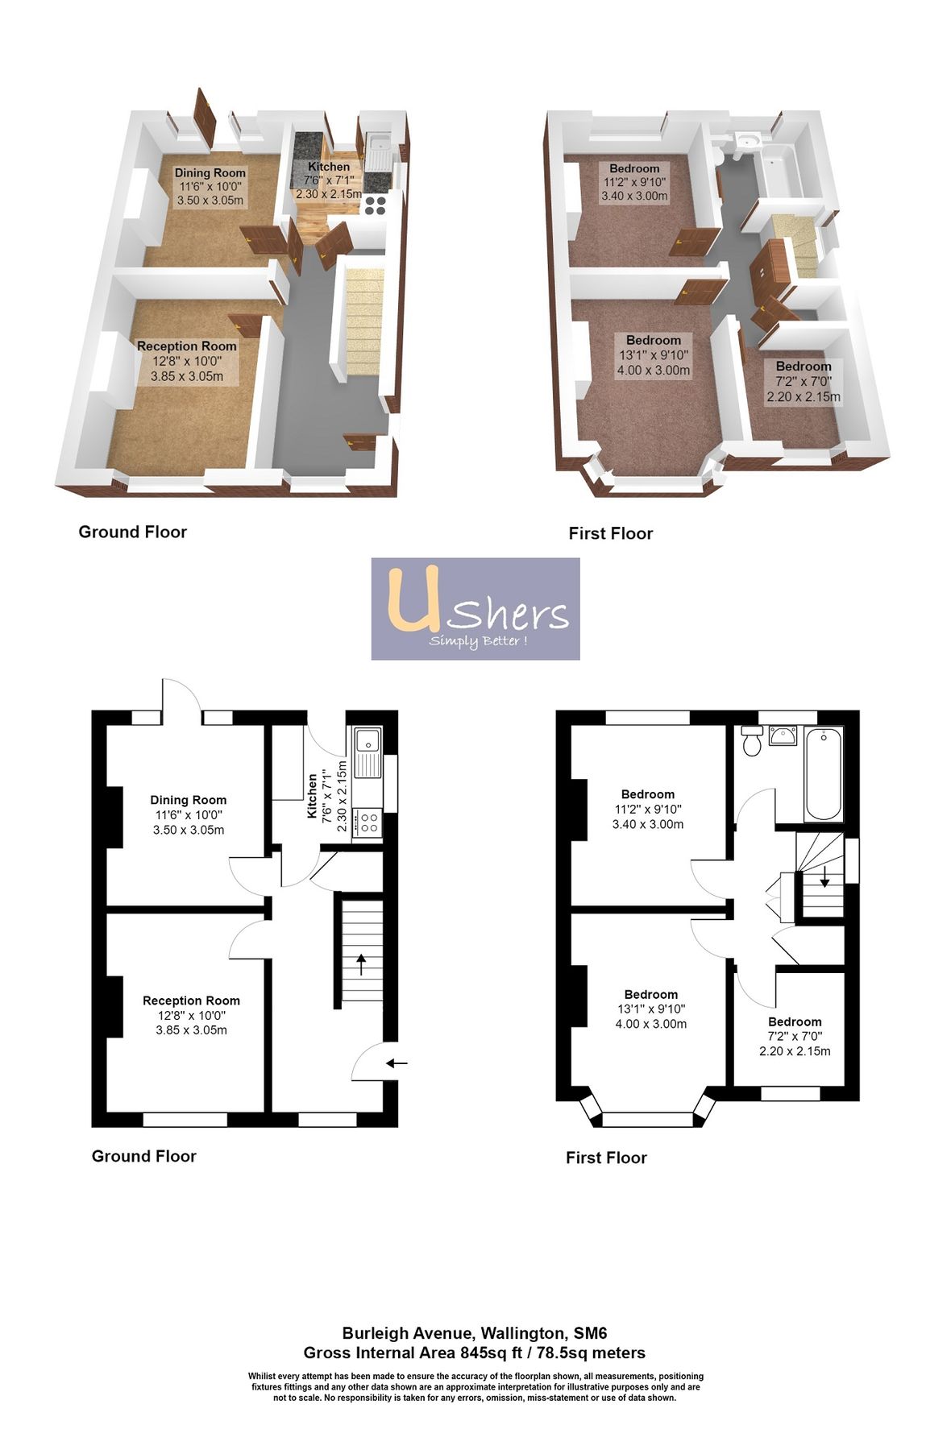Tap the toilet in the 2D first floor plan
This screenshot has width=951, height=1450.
(752, 742)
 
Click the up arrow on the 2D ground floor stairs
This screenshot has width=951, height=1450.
(360, 963)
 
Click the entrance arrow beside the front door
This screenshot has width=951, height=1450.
(397, 1063)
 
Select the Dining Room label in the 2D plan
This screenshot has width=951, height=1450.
(189, 800)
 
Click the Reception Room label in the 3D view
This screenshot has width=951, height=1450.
(187, 346)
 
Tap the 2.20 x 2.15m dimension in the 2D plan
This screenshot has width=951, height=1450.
(795, 1051)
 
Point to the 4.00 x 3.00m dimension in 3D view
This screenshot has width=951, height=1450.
(654, 371)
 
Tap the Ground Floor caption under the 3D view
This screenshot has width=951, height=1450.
(133, 532)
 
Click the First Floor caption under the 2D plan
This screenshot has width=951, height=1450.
(606, 1158)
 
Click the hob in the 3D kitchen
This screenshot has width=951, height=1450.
(375, 205)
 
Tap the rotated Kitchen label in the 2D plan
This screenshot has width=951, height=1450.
(312, 797)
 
